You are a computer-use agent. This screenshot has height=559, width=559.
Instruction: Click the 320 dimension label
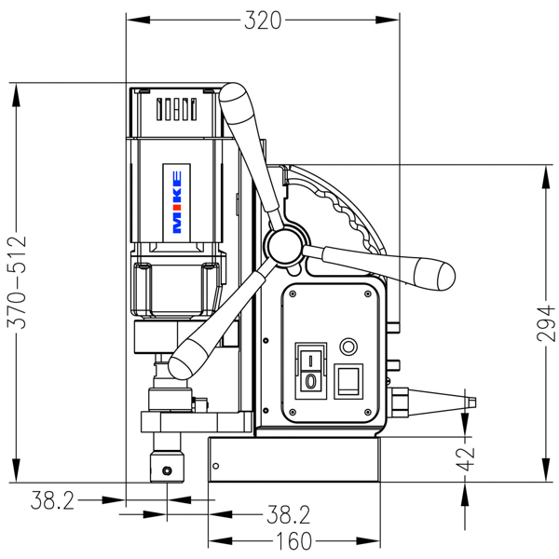click(x=263, y=20)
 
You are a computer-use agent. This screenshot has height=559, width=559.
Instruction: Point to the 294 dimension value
click(x=549, y=322)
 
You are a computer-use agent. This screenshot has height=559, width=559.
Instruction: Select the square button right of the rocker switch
click(x=348, y=380)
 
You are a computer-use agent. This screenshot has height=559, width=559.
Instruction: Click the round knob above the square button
click(x=350, y=346)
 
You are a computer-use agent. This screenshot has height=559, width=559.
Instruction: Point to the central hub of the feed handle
click(x=284, y=245)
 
